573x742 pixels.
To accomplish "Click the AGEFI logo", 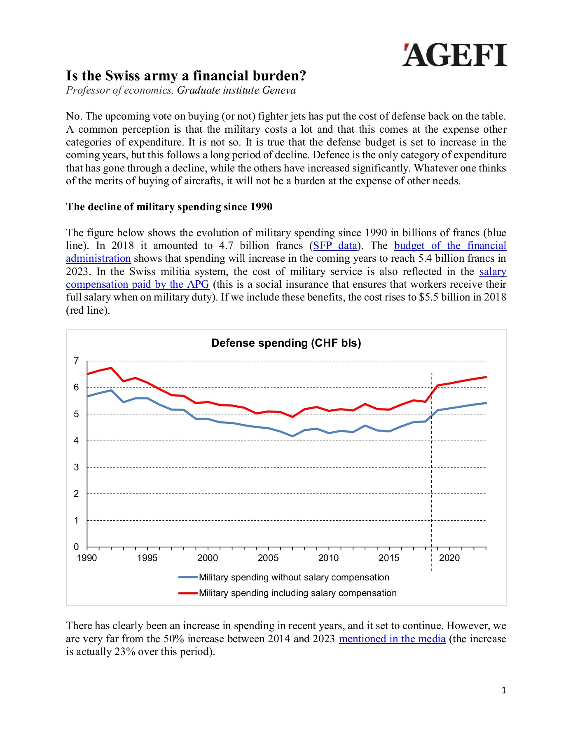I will (x=454, y=55).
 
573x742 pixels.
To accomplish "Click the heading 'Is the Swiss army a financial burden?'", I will (x=186, y=76).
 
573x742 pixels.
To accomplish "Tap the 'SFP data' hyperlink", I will (x=335, y=246).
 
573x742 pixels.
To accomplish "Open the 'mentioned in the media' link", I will (x=392, y=639).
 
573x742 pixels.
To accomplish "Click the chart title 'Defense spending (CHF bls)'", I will (x=286, y=343).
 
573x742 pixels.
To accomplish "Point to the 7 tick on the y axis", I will (x=76, y=361).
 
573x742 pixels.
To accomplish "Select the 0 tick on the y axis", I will (x=76, y=547).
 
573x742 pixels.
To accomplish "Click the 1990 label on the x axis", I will (x=87, y=558).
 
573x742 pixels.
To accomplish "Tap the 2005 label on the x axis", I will (x=268, y=558).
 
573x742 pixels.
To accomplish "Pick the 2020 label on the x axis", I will (x=449, y=558).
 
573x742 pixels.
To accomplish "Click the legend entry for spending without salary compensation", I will (x=293, y=578).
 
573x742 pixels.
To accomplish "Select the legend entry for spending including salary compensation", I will (x=297, y=593).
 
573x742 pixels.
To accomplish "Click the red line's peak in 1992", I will (x=111, y=368).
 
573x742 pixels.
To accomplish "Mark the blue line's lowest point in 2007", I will (x=292, y=436).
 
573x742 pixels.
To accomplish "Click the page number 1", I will (x=503, y=690).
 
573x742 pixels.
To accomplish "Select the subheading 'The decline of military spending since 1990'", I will (x=169, y=207).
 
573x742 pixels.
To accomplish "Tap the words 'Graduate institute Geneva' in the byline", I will (x=236, y=90).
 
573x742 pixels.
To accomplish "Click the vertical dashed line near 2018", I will (x=431, y=474).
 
